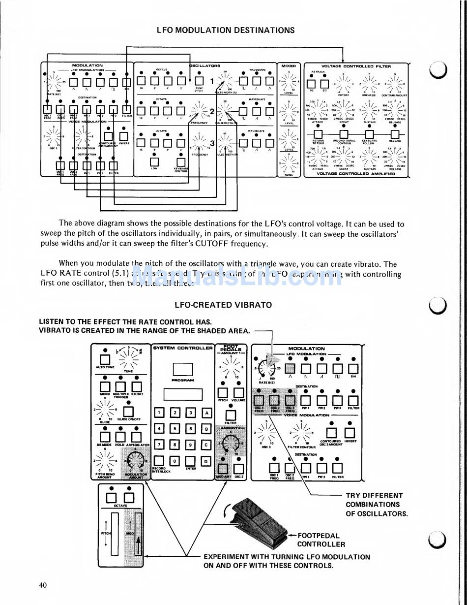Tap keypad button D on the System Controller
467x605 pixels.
(x=207, y=461)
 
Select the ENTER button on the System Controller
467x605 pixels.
(x=191, y=461)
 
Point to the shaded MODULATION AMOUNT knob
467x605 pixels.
(x=134, y=462)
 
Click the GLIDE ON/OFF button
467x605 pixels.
(x=128, y=411)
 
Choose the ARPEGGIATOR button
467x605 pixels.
(x=136, y=437)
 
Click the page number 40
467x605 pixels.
(x=43, y=585)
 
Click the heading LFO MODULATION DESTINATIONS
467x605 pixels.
(x=226, y=30)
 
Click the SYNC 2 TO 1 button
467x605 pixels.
(x=199, y=81)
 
